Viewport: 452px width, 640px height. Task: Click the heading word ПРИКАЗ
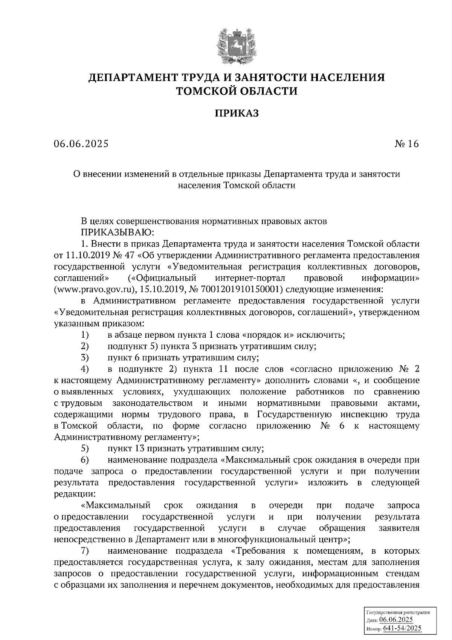237,113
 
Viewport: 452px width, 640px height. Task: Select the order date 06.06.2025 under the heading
81,144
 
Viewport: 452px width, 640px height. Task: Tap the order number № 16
406,144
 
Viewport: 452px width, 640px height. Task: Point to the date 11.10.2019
87,255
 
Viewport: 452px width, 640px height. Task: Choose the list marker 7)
85,551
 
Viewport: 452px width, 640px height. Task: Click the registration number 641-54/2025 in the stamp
402,628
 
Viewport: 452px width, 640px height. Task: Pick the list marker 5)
85,449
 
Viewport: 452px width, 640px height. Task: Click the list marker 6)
85,460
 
